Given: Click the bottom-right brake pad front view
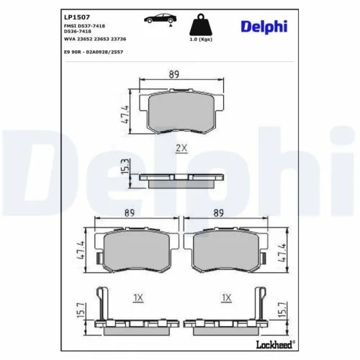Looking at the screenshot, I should coord(228,248).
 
